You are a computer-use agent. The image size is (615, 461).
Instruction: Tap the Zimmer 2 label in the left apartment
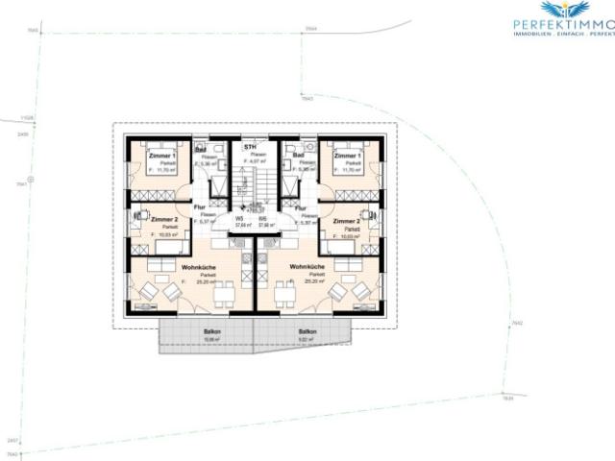tap(165, 220)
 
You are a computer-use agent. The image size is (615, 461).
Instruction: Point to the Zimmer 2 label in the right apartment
tap(346, 220)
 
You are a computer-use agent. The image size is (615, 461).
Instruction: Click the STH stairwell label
tap(250, 146)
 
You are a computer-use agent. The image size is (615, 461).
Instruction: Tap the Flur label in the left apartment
tap(200, 207)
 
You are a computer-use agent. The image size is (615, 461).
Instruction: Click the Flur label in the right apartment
tap(301, 207)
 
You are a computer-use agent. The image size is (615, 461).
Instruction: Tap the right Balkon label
tap(307, 331)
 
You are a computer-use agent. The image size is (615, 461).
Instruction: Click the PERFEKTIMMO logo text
tap(562, 23)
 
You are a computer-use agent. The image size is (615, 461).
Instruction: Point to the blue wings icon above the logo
tap(562, 9)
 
